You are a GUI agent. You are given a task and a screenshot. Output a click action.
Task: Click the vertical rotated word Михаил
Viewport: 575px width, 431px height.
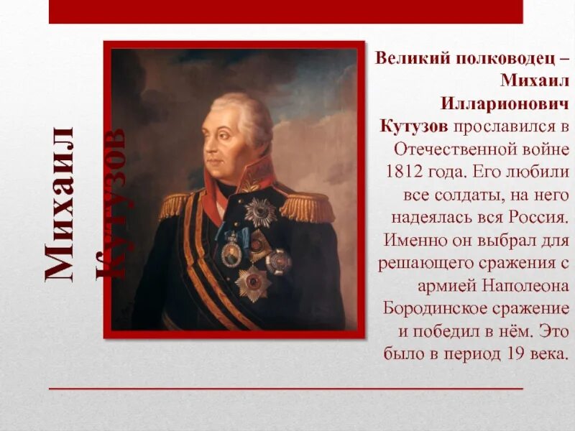(x=61, y=205)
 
